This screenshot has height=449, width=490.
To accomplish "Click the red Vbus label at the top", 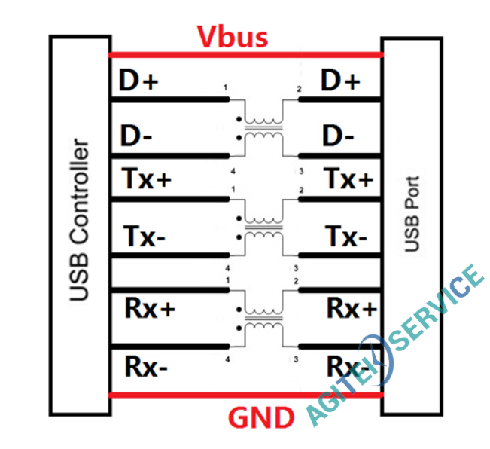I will click(233, 37).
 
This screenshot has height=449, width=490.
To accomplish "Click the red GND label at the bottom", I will click(262, 417).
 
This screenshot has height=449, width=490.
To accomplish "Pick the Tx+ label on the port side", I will click(348, 180).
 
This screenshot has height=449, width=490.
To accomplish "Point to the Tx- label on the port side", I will click(347, 237).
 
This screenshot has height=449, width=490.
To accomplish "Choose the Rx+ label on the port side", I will click(351, 308).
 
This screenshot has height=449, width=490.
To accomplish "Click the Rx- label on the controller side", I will click(146, 367).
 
